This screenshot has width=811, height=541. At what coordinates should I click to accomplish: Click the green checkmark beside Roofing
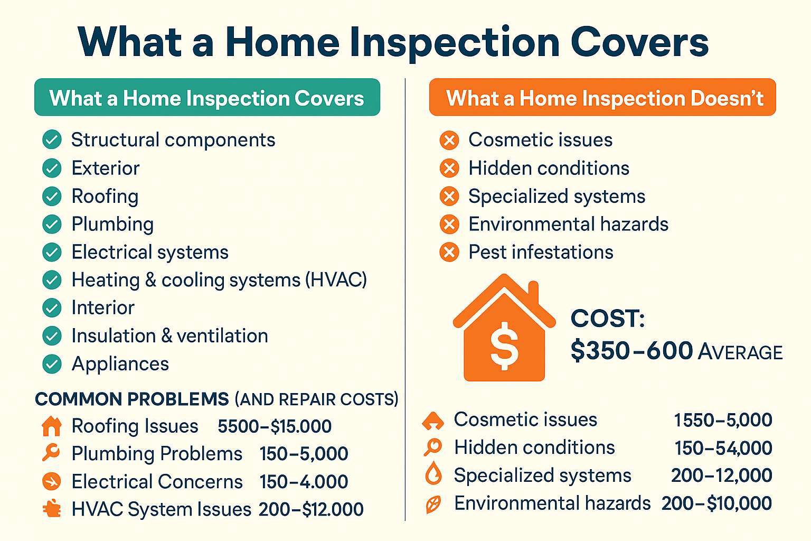pos(52,196)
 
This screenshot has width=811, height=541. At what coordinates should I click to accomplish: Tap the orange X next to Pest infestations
pos(449,252)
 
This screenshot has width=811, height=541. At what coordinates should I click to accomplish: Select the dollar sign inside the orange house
pos(504,346)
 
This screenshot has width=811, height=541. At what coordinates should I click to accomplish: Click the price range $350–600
pos(631,351)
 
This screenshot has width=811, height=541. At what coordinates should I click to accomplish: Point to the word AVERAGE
pos(740,352)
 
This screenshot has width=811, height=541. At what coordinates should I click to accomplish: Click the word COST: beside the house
pos(608,318)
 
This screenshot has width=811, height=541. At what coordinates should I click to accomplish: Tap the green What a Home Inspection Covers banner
pos(207,97)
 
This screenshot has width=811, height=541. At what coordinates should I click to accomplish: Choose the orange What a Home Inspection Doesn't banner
pos(602,97)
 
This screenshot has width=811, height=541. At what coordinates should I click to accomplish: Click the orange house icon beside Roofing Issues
pos(52,426)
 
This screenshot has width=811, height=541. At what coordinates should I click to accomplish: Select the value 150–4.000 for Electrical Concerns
pos(304,481)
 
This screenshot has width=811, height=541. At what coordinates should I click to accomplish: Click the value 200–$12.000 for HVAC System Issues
pos(311,509)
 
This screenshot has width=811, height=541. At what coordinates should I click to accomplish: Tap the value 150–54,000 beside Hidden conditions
pos(723,448)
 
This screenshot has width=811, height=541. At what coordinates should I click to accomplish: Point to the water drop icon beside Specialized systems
pos(433,473)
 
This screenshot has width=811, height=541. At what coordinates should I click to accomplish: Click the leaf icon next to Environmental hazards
pos(433,504)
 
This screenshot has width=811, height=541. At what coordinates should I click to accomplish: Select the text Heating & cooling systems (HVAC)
pos(219,280)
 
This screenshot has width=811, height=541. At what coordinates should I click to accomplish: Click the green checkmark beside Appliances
pos(52,363)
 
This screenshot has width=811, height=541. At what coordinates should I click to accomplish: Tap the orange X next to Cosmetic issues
pos(449,140)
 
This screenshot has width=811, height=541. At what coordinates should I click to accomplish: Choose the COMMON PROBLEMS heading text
pos(132,399)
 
